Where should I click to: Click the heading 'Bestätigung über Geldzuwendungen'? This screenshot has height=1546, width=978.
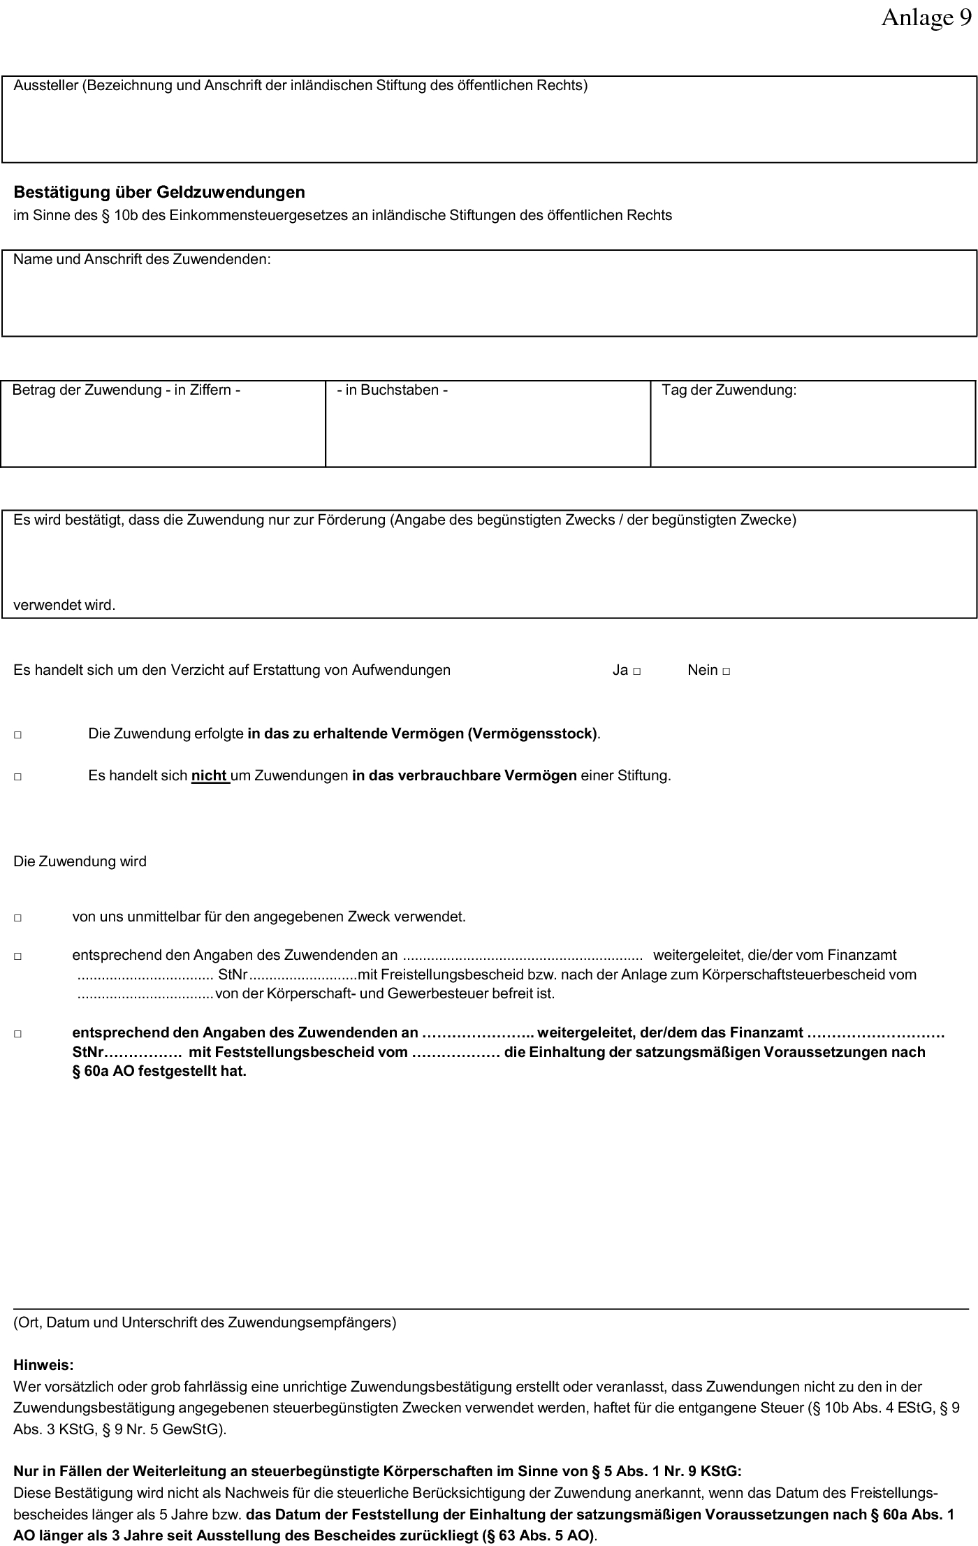tap(159, 192)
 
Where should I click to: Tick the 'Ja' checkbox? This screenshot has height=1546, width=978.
tap(637, 671)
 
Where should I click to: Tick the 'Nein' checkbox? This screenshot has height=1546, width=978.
tap(727, 671)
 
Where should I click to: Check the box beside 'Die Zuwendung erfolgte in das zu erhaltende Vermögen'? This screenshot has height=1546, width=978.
tap(17, 735)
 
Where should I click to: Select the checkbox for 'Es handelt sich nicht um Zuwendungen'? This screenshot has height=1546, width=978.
tap(17, 777)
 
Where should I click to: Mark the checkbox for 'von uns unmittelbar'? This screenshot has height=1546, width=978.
tap(17, 918)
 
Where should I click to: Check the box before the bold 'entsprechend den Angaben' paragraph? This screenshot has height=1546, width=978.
tap(17, 1034)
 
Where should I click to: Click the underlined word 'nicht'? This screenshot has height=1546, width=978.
tap(210, 775)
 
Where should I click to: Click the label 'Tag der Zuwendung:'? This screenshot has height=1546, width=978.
tap(729, 390)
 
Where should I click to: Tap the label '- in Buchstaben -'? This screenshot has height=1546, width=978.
tap(392, 390)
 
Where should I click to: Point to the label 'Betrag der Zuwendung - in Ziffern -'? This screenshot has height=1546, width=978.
tap(126, 390)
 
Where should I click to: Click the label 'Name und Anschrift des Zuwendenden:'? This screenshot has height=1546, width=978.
tap(142, 259)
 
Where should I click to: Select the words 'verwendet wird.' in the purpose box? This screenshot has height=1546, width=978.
tap(64, 605)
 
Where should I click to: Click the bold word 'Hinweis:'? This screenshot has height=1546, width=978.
tap(43, 1364)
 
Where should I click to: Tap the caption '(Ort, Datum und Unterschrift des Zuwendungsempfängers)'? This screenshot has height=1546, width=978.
tap(205, 1322)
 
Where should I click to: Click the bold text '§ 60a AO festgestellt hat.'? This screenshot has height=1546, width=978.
tap(159, 1071)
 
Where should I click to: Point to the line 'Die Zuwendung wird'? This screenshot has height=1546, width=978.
tap(80, 861)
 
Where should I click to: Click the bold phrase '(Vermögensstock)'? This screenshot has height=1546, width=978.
tap(532, 734)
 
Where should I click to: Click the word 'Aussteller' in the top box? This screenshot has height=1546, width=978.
tap(45, 86)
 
